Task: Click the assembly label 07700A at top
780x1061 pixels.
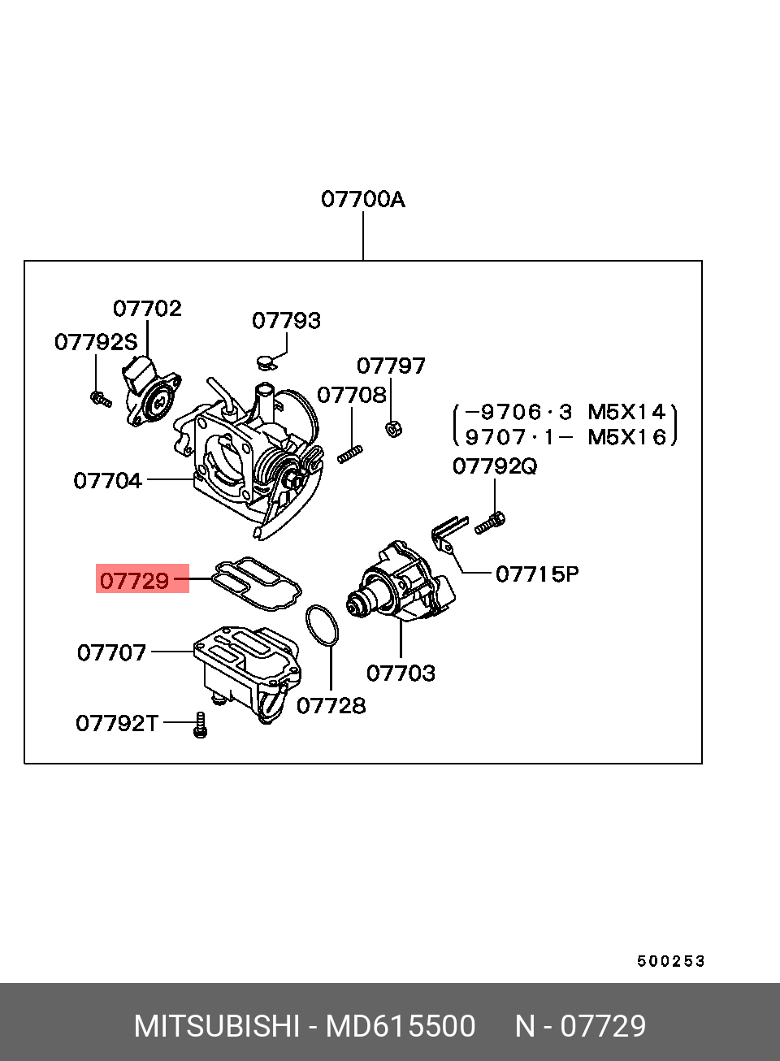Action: pyautogui.click(x=362, y=199)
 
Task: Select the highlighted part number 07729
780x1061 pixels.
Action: pyautogui.click(x=135, y=580)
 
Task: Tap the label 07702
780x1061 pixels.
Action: pyautogui.click(x=147, y=309)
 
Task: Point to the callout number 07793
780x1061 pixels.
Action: pyautogui.click(x=286, y=321)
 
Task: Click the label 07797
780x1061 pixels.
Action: pyautogui.click(x=391, y=366)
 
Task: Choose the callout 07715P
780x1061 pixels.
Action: pyautogui.click(x=537, y=574)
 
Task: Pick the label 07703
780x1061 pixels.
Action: pyautogui.click(x=401, y=673)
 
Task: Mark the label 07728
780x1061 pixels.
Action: pyautogui.click(x=331, y=706)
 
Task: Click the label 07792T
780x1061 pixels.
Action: pyautogui.click(x=117, y=723)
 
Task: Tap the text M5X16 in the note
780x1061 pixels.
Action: pyautogui.click(x=626, y=437)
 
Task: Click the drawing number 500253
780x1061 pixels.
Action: pyautogui.click(x=670, y=962)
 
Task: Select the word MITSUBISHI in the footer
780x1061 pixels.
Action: pyautogui.click(x=216, y=1027)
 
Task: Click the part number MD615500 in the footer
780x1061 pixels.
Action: pyautogui.click(x=401, y=1027)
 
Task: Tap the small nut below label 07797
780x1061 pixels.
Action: pyautogui.click(x=392, y=428)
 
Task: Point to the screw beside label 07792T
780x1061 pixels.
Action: pyautogui.click(x=200, y=725)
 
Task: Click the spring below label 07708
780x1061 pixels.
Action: pyautogui.click(x=349, y=454)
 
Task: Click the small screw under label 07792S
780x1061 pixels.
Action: pyautogui.click(x=101, y=398)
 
